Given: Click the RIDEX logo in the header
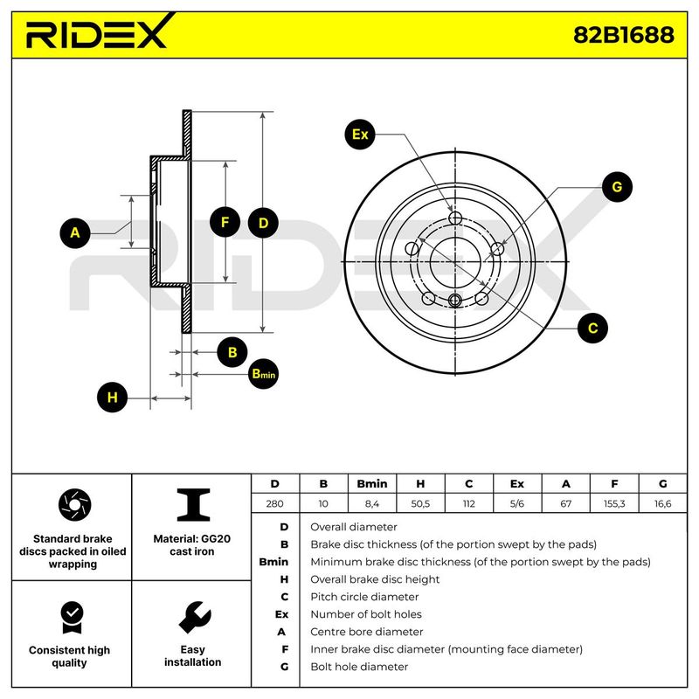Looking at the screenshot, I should (x=96, y=34).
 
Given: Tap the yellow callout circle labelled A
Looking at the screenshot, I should (x=75, y=233).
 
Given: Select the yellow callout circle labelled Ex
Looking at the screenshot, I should (x=359, y=135).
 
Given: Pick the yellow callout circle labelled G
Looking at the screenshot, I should (x=616, y=187).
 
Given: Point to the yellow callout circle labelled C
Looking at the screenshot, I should (x=592, y=329).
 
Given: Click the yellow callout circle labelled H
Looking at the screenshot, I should (x=111, y=398).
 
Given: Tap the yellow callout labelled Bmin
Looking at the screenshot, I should (x=262, y=374).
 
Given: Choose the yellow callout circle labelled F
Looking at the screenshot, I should (x=225, y=223).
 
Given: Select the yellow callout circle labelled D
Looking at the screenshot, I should (x=263, y=223).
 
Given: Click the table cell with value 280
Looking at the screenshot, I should (x=275, y=504).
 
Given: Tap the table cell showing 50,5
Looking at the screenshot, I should (x=420, y=504).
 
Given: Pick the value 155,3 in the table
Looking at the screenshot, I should (x=614, y=504).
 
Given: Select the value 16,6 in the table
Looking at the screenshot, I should (x=662, y=504).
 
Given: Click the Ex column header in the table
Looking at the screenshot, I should (x=517, y=483).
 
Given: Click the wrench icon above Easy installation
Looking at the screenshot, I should (x=193, y=617).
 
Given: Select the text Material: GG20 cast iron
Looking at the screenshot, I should (x=193, y=545).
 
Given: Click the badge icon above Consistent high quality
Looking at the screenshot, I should (x=70, y=617).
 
